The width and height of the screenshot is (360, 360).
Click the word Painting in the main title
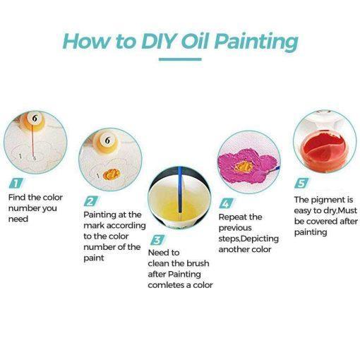tap(256, 42)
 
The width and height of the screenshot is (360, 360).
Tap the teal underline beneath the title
tap(180, 59)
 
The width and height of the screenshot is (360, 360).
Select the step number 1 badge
tap(16, 183)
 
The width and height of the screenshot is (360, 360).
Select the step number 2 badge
tap(91, 201)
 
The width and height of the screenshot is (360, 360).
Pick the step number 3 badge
tap(157, 240)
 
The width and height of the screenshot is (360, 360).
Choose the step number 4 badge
tap(226, 203)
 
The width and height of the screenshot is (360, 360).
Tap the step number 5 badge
tap(301, 183)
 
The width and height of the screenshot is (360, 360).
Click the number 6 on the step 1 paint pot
tap(35, 119)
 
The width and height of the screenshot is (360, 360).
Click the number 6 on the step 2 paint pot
tap(107, 140)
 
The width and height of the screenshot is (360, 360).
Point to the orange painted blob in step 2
tap(112, 174)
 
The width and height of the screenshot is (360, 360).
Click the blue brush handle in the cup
tap(180, 189)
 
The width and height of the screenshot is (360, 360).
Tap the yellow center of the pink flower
tap(244, 167)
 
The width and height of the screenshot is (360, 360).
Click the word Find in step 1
tap(17, 197)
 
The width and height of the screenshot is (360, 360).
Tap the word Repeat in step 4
tap(232, 217)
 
